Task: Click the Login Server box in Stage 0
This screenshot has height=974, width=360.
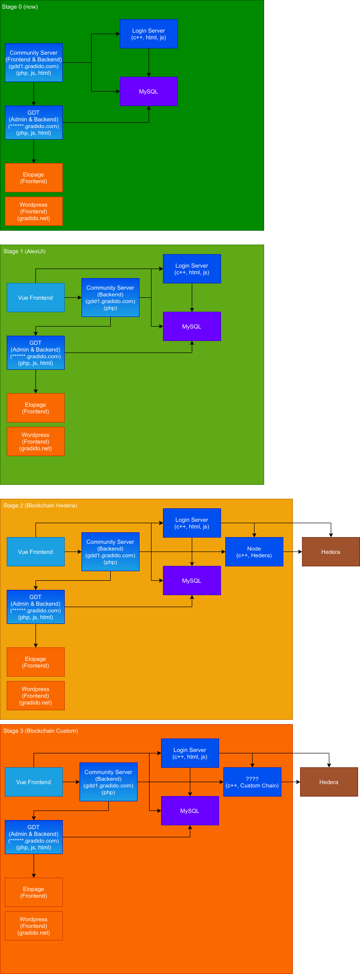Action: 149,34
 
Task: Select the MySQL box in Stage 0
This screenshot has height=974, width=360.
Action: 149,92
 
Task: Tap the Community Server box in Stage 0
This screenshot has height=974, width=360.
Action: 34,63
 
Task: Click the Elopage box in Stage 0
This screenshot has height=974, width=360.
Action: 34,178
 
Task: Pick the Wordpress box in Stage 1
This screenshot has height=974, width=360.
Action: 35,442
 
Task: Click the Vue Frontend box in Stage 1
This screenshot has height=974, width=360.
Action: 35,298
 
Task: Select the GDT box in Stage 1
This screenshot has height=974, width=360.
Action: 35,353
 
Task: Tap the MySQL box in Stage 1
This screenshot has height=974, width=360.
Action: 192,327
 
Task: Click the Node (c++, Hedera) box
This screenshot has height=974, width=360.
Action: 254,552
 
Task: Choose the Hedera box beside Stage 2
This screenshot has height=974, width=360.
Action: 331,552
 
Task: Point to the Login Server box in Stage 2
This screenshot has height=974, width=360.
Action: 192,523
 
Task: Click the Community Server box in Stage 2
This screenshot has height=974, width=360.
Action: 110,552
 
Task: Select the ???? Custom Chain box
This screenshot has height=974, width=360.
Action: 252,782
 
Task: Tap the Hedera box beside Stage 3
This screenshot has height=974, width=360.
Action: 329,782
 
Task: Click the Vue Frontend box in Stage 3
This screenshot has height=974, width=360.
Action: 34,782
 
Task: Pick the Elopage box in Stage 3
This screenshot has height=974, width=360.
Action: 34,892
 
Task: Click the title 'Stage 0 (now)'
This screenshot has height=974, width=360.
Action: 20,7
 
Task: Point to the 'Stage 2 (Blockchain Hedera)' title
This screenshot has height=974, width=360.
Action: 40,505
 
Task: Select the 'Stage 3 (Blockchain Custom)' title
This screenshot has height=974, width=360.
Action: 41,731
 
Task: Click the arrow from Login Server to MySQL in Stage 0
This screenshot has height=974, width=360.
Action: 149,63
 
